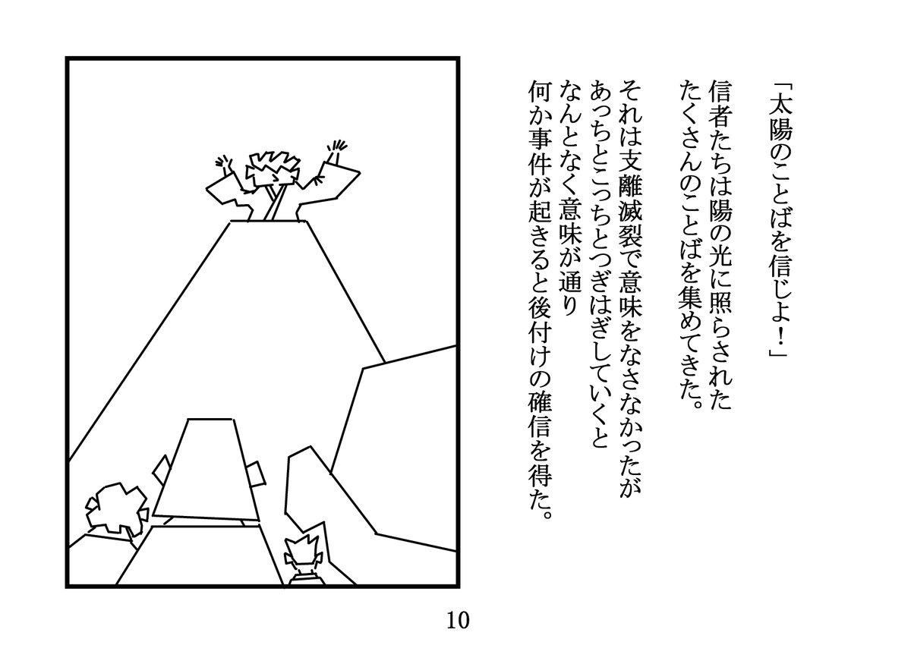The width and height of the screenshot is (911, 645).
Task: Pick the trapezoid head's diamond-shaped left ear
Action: tap(162, 470)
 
